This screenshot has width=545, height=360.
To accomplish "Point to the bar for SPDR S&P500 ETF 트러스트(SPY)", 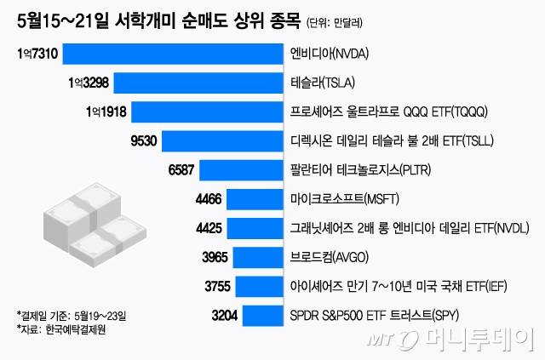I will click(x=263, y=316).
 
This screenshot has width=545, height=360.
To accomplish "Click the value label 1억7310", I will click(x=37, y=54).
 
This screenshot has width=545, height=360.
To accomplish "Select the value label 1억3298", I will click(x=88, y=83).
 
